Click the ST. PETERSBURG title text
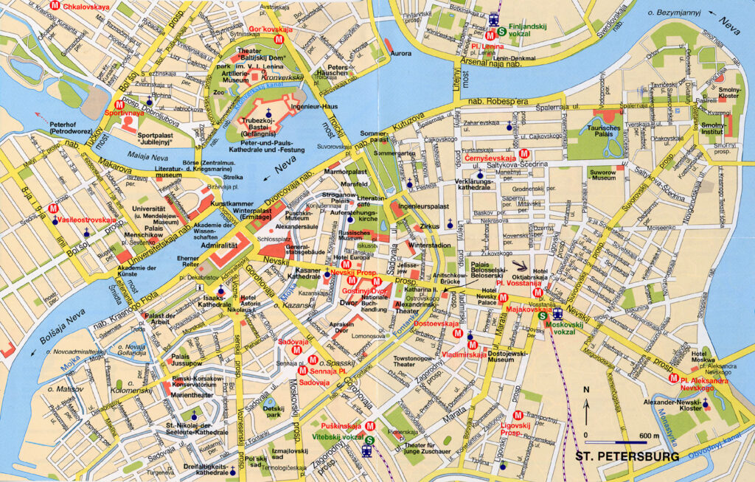627,457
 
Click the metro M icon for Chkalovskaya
54,6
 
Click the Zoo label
218,93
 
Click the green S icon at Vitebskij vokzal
369,439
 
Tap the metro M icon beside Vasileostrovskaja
54,209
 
